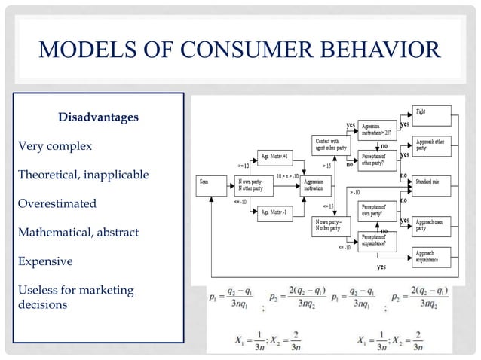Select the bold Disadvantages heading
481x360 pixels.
(98, 117)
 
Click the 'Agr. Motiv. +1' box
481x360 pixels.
(274, 156)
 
